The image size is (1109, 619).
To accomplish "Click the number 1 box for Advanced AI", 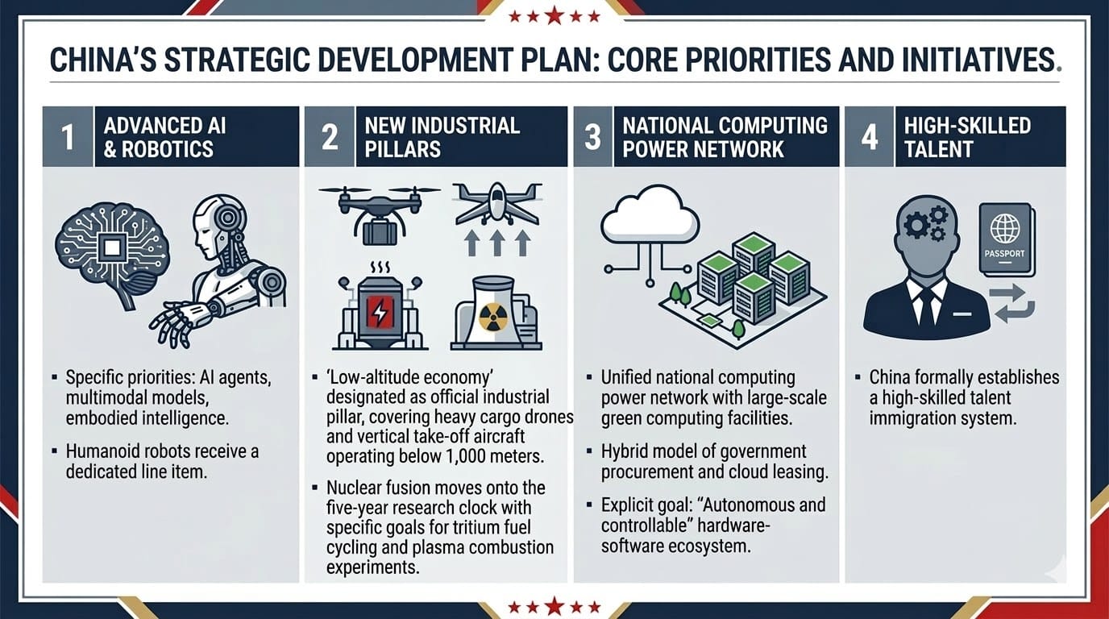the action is (68, 137).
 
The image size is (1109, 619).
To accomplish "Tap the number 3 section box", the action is (592, 137).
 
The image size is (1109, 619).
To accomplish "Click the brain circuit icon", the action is (113, 252).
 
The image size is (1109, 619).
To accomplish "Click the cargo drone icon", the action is (380, 214).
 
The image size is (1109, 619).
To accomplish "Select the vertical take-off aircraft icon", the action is (496, 204).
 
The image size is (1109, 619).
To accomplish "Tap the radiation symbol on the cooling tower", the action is (493, 317).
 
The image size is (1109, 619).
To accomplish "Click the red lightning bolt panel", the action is (380, 311).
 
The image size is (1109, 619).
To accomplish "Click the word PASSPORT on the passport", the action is (1004, 254).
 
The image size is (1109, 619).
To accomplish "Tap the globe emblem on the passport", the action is (1005, 228).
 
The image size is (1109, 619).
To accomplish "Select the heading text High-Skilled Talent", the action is (967, 137).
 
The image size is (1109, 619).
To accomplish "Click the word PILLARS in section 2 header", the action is (402, 149).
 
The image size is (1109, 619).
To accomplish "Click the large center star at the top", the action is (554, 15).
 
